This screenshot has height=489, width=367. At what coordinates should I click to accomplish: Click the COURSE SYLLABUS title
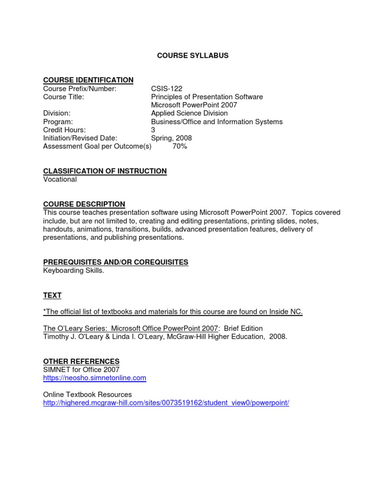[193, 55]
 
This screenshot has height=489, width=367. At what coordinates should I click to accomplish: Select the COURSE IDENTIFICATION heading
[88, 80]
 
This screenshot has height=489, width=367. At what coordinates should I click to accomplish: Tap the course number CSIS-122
[167, 88]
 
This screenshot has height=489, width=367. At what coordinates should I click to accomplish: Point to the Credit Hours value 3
[153, 130]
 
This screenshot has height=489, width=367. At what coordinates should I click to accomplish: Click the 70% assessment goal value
[180, 147]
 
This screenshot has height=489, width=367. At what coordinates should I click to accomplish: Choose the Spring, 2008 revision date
[171, 138]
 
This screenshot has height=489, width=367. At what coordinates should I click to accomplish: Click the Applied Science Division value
[189, 113]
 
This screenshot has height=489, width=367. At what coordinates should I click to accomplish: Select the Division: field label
[57, 113]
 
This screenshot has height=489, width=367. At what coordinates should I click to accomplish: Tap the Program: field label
[58, 122]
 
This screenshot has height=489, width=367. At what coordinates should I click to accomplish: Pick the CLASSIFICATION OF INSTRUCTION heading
[105, 171]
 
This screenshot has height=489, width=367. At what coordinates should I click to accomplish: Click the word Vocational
[60, 180]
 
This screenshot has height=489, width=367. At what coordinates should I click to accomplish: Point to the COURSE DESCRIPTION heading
[84, 204]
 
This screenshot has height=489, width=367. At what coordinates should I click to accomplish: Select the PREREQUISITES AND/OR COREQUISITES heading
[116, 262]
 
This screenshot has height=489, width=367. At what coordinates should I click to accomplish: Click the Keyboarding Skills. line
[74, 271]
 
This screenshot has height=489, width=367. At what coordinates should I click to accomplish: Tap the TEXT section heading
[52, 296]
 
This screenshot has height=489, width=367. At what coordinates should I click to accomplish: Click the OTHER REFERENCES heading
[81, 361]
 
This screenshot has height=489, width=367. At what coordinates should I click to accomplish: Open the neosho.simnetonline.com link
[95, 378]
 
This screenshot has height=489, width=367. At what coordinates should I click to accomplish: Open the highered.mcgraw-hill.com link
[166, 403]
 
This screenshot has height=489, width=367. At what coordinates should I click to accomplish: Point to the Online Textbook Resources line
[87, 394]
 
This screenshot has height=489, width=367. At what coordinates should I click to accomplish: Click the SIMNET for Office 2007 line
[81, 370]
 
